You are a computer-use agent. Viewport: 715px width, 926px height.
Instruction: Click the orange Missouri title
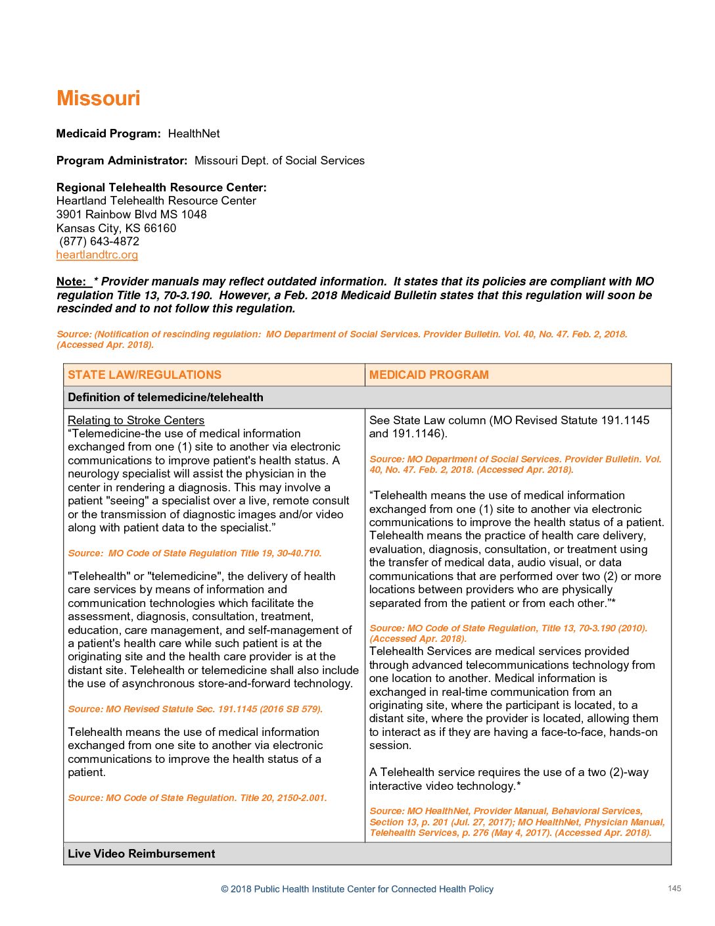tap(98, 99)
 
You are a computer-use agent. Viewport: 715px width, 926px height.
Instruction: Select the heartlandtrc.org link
tap(97, 255)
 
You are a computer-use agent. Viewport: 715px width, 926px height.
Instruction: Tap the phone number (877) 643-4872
tap(99, 241)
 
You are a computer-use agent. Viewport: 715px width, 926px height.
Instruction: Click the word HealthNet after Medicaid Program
tap(193, 134)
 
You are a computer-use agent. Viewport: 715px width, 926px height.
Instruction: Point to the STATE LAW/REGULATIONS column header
tap(145, 375)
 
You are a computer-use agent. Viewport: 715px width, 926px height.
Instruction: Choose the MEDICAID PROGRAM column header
tap(428, 375)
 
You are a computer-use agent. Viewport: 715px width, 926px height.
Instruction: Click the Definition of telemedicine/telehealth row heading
tap(165, 397)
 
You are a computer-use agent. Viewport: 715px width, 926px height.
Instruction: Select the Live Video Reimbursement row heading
tap(141, 854)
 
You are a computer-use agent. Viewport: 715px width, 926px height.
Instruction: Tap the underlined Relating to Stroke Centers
tap(136, 420)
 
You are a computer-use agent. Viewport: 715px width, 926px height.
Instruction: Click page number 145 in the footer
tap(674, 889)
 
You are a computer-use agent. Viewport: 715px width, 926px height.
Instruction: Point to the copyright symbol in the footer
tap(225, 889)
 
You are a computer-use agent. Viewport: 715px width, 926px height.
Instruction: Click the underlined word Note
tap(71, 281)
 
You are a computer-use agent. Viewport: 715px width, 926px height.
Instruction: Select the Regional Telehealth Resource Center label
tap(161, 187)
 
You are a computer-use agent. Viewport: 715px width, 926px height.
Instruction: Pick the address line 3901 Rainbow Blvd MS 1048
tap(131, 214)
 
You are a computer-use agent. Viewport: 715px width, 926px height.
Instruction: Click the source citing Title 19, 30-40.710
tap(195, 553)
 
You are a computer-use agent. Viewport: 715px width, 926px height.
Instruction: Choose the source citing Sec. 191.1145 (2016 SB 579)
tap(195, 709)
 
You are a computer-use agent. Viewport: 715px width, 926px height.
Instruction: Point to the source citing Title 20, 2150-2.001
tap(197, 798)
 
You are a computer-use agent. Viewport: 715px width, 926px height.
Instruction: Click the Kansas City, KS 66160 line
tap(116, 228)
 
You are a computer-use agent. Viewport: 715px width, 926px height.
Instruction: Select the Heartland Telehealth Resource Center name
tap(156, 201)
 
